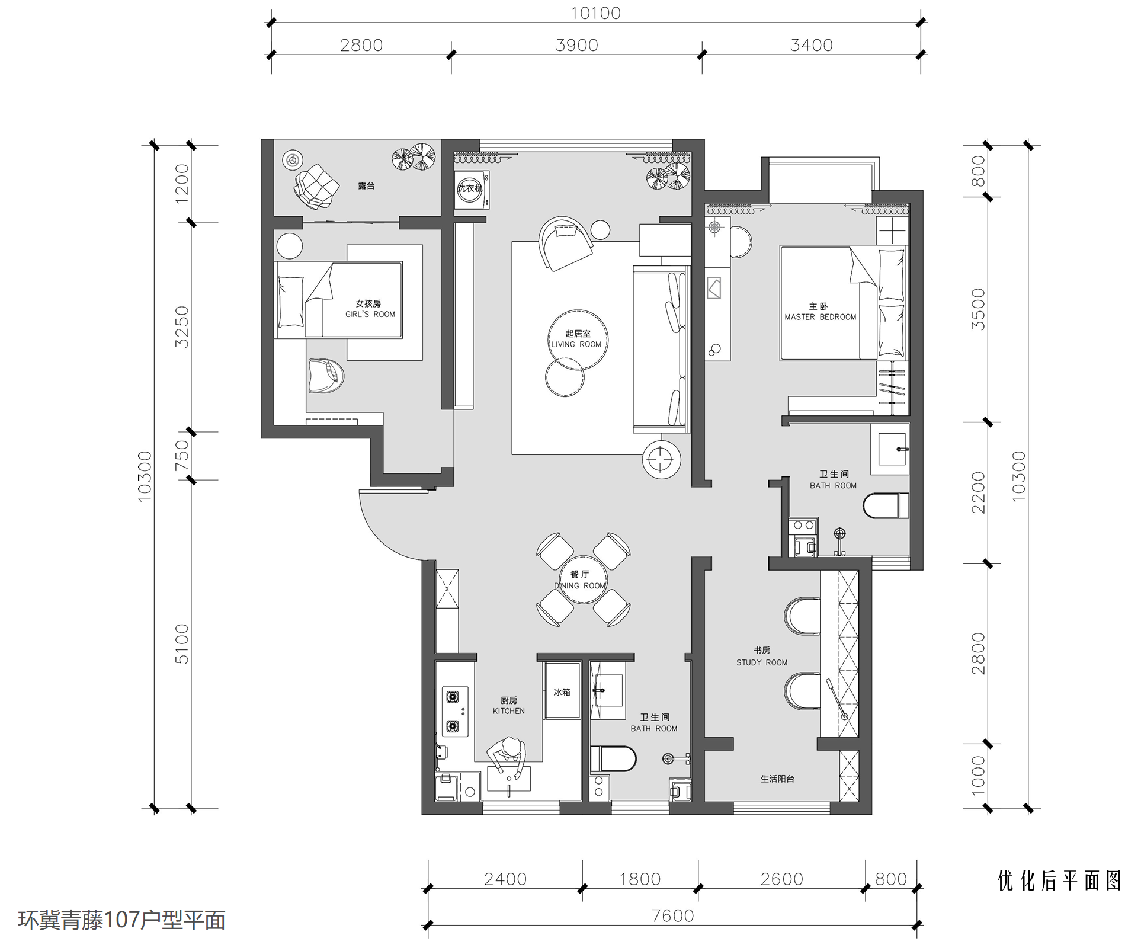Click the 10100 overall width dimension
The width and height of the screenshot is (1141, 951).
[x=595, y=13]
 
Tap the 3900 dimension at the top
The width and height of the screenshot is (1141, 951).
[x=576, y=45]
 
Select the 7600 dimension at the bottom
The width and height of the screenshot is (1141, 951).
[x=672, y=916]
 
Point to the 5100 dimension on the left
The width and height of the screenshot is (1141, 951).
[x=181, y=643]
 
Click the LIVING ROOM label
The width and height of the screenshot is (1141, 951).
[x=576, y=344]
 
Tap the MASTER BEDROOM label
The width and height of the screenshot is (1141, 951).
[x=821, y=317]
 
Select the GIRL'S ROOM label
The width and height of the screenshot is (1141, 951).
[x=370, y=314]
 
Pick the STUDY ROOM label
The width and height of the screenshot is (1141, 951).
[x=762, y=662]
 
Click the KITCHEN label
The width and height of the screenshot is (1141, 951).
[x=509, y=711]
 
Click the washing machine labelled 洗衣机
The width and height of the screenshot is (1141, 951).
[x=472, y=190]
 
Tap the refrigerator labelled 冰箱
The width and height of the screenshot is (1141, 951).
[x=562, y=691]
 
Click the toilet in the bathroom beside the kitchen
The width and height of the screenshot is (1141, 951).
[x=613, y=758]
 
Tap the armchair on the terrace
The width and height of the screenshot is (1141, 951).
[x=316, y=186]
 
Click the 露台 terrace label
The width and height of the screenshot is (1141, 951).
[x=366, y=185]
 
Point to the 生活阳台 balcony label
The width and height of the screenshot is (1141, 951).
[x=777, y=779]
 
